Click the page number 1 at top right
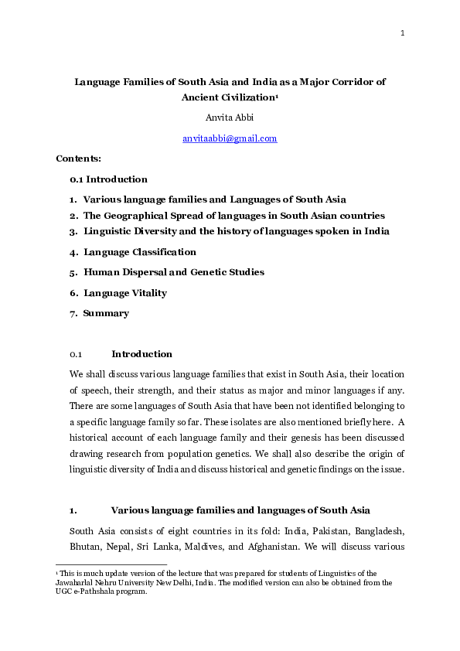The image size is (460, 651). (x=403, y=33)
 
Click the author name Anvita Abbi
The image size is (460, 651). (x=230, y=118)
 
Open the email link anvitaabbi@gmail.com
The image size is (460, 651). (x=230, y=138)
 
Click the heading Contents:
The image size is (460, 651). (x=78, y=158)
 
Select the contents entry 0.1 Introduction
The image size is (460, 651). (x=108, y=179)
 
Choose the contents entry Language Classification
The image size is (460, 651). (x=140, y=252)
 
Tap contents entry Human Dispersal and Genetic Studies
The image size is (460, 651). (x=174, y=272)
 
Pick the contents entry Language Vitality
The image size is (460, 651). (x=125, y=293)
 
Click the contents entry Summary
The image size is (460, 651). (x=106, y=313)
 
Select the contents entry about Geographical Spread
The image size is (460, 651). (x=233, y=216)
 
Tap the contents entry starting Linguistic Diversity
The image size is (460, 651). (x=237, y=231)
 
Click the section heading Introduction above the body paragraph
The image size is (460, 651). (x=141, y=354)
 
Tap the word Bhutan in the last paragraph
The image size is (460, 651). (x=85, y=547)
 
